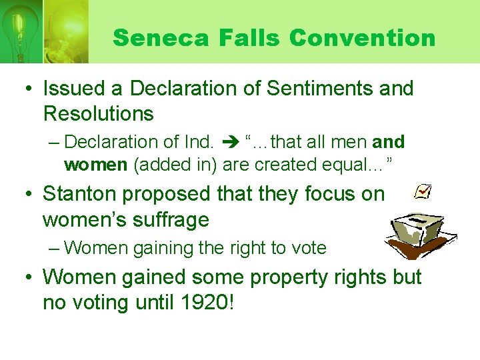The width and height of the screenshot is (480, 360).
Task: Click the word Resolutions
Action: point(98,114)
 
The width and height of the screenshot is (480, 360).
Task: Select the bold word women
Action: point(95,164)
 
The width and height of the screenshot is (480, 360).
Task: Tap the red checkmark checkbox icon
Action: point(423,193)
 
